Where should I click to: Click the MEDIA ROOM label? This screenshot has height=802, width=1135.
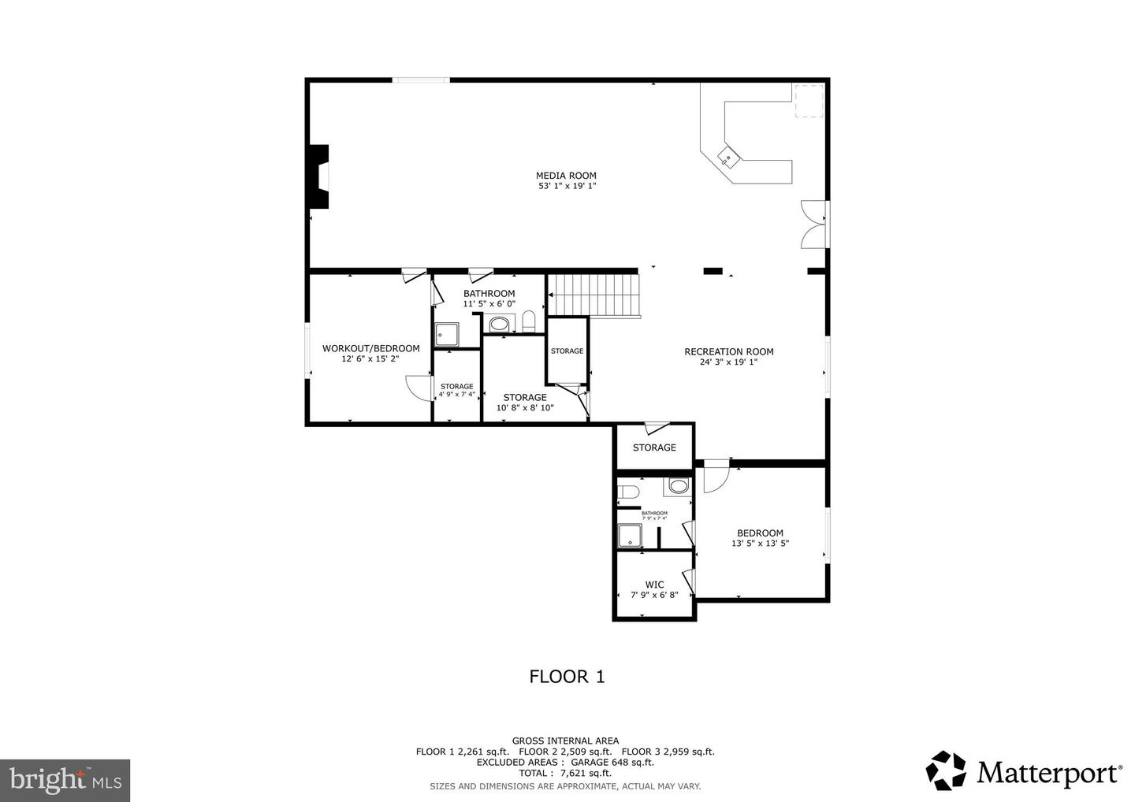(x=566, y=176)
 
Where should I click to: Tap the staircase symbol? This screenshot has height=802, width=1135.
(x=593, y=295)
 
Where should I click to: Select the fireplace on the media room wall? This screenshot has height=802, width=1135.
(x=319, y=177)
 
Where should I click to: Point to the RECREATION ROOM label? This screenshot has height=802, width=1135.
(x=728, y=352)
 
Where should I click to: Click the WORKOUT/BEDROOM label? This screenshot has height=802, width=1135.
(x=370, y=348)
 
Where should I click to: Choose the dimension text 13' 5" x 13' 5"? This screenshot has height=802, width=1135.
(x=760, y=544)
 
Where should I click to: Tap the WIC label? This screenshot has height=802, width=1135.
(x=654, y=585)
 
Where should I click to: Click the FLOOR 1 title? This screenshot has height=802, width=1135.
(x=567, y=676)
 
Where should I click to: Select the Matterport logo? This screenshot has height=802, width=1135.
(x=1024, y=772)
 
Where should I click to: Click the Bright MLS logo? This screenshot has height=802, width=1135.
(x=65, y=781)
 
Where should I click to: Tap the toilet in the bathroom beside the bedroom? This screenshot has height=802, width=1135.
(x=628, y=493)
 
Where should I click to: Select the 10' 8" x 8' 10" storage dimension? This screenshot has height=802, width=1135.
(x=525, y=408)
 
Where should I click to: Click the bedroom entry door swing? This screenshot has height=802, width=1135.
(x=716, y=477)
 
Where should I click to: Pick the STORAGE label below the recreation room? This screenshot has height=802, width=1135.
(x=654, y=447)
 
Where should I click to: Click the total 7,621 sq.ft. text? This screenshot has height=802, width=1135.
(x=565, y=773)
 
